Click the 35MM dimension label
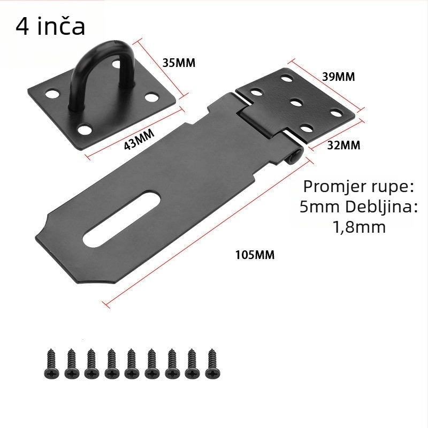[x=179, y=63]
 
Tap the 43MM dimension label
[x=139, y=139]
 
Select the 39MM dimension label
[x=339, y=77]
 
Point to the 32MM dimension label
[x=343, y=145]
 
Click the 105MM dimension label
[x=255, y=255]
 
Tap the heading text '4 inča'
[x=50, y=26]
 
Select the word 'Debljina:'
[x=381, y=207]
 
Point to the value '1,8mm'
[x=359, y=227]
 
